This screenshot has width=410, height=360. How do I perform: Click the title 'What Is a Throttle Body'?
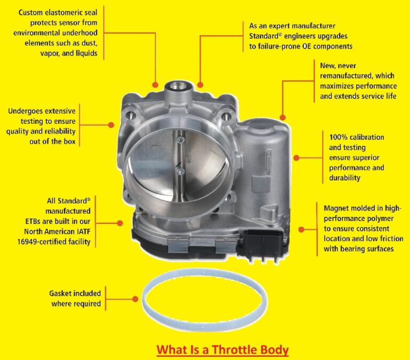222,350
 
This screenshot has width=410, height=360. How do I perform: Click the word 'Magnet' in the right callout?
337,208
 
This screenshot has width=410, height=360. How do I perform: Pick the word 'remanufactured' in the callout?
346,76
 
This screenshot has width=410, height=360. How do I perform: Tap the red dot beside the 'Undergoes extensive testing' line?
111,125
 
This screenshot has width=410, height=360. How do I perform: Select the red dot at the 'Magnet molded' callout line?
301,230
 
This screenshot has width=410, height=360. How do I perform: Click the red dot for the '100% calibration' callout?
297,158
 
